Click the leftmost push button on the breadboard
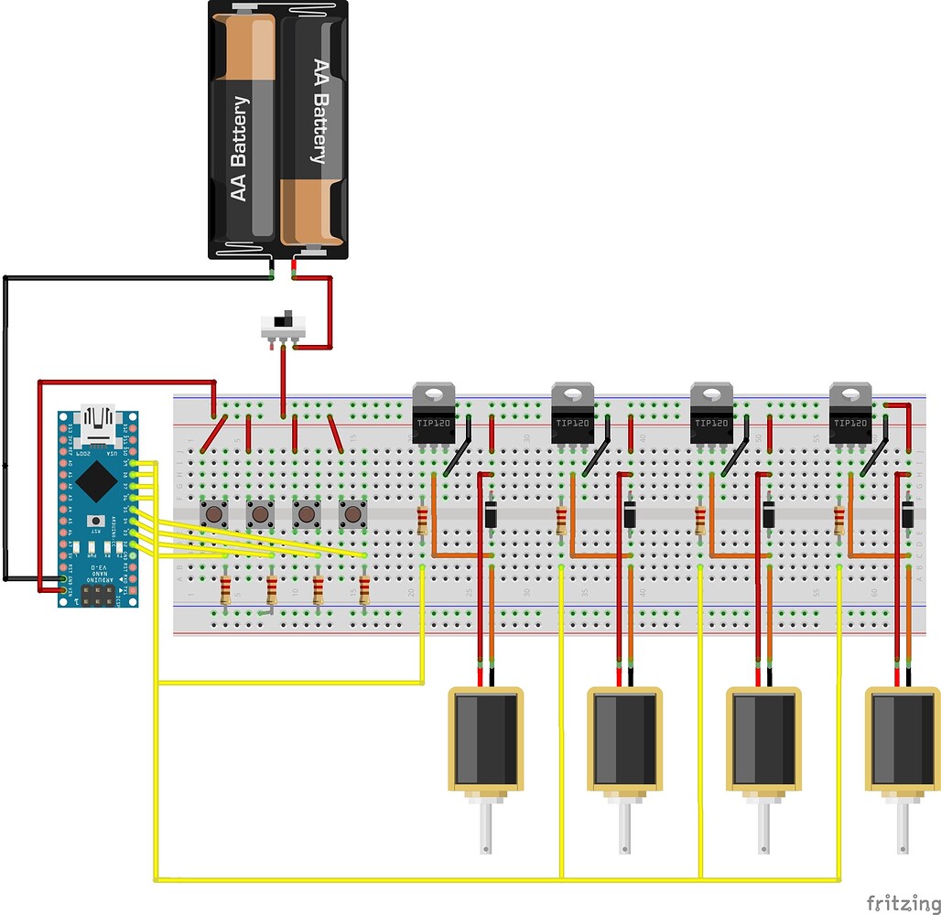click(214, 514)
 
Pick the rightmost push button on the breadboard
click(352, 514)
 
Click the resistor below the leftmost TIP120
click(422, 520)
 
